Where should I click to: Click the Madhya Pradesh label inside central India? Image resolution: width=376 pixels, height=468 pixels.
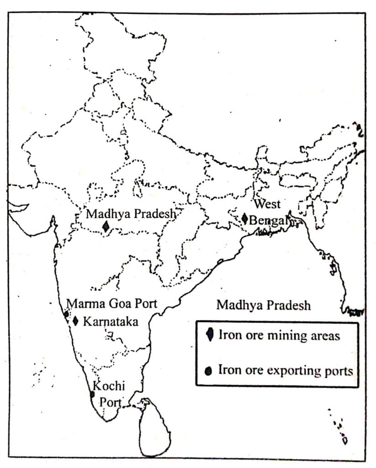131,213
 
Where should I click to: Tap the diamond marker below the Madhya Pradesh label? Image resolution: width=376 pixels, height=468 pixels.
106,226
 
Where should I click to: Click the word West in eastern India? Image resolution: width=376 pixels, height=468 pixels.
267,203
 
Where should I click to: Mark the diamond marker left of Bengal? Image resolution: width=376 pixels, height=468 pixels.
245,219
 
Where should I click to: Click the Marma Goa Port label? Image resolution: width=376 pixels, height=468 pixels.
112,303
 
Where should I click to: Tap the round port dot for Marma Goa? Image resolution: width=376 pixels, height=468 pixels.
66,314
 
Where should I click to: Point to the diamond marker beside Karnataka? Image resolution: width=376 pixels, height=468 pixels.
76,321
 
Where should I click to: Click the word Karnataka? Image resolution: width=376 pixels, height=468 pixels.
110,321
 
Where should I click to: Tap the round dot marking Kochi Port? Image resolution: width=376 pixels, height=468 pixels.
92,394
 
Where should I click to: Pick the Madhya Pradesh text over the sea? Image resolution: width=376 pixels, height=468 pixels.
263,305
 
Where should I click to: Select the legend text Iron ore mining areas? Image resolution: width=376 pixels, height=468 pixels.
279,335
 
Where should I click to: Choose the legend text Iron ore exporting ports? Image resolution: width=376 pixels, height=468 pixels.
286,370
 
